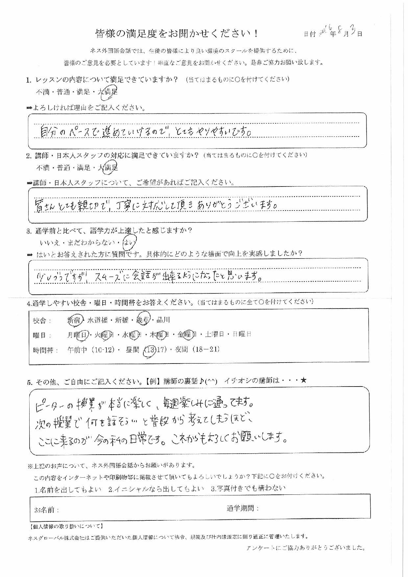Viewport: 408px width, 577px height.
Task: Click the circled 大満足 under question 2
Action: tap(108, 168)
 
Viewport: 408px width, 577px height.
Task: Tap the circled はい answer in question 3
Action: tap(129, 243)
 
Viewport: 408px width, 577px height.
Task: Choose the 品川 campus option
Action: tap(163, 320)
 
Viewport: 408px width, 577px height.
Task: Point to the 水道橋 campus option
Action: tap(98, 320)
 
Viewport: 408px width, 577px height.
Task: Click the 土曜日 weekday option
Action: tap(214, 335)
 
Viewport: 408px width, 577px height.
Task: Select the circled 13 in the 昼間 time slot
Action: tap(150, 350)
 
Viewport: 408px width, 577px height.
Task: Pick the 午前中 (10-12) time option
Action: tap(91, 350)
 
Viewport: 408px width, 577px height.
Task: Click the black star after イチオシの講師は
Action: tap(303, 381)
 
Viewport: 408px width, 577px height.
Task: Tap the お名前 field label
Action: tap(46, 510)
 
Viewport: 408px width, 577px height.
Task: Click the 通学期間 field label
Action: tap(242, 508)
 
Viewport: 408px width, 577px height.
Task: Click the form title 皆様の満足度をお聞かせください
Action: tap(176, 34)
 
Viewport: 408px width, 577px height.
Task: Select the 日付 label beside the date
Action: tap(309, 34)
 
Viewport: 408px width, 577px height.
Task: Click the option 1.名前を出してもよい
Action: tap(68, 489)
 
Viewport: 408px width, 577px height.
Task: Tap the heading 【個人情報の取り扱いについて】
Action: tap(67, 527)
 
